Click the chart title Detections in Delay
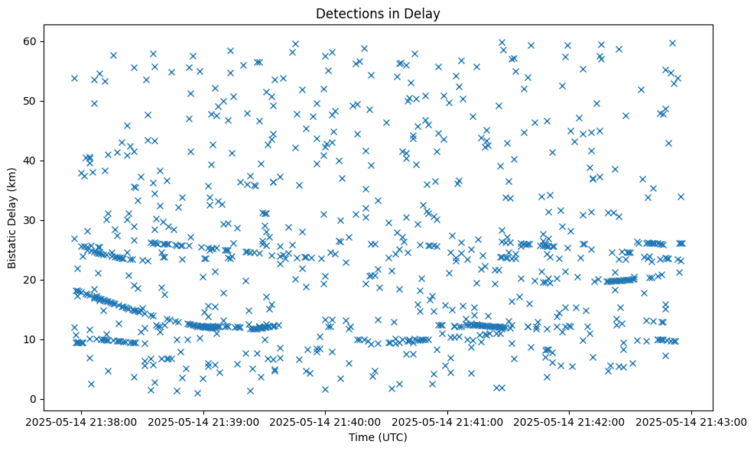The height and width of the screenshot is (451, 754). [x=378, y=13]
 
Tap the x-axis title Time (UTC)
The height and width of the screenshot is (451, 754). [x=378, y=437]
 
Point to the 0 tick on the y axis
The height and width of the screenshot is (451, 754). [x=34, y=399]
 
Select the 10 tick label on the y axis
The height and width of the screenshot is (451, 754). [x=31, y=339]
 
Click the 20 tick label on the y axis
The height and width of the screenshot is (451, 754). [x=31, y=280]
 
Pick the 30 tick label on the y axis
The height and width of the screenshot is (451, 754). [x=31, y=220]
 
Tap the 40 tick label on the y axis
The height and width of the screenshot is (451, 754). [x=31, y=161]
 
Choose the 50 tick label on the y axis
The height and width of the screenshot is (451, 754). [x=31, y=101]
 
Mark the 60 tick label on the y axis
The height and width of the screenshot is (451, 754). [x=31, y=41]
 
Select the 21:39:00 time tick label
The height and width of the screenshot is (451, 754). [x=204, y=421]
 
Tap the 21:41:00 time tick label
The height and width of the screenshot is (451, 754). [x=448, y=421]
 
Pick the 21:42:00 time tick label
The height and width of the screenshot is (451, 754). [x=570, y=421]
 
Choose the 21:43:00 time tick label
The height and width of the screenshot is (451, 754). [x=692, y=421]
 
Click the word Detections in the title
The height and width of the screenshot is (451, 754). [x=345, y=13]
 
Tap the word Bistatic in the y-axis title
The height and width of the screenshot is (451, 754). [x=12, y=243]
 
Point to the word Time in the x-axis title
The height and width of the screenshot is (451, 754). [x=360, y=437]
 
